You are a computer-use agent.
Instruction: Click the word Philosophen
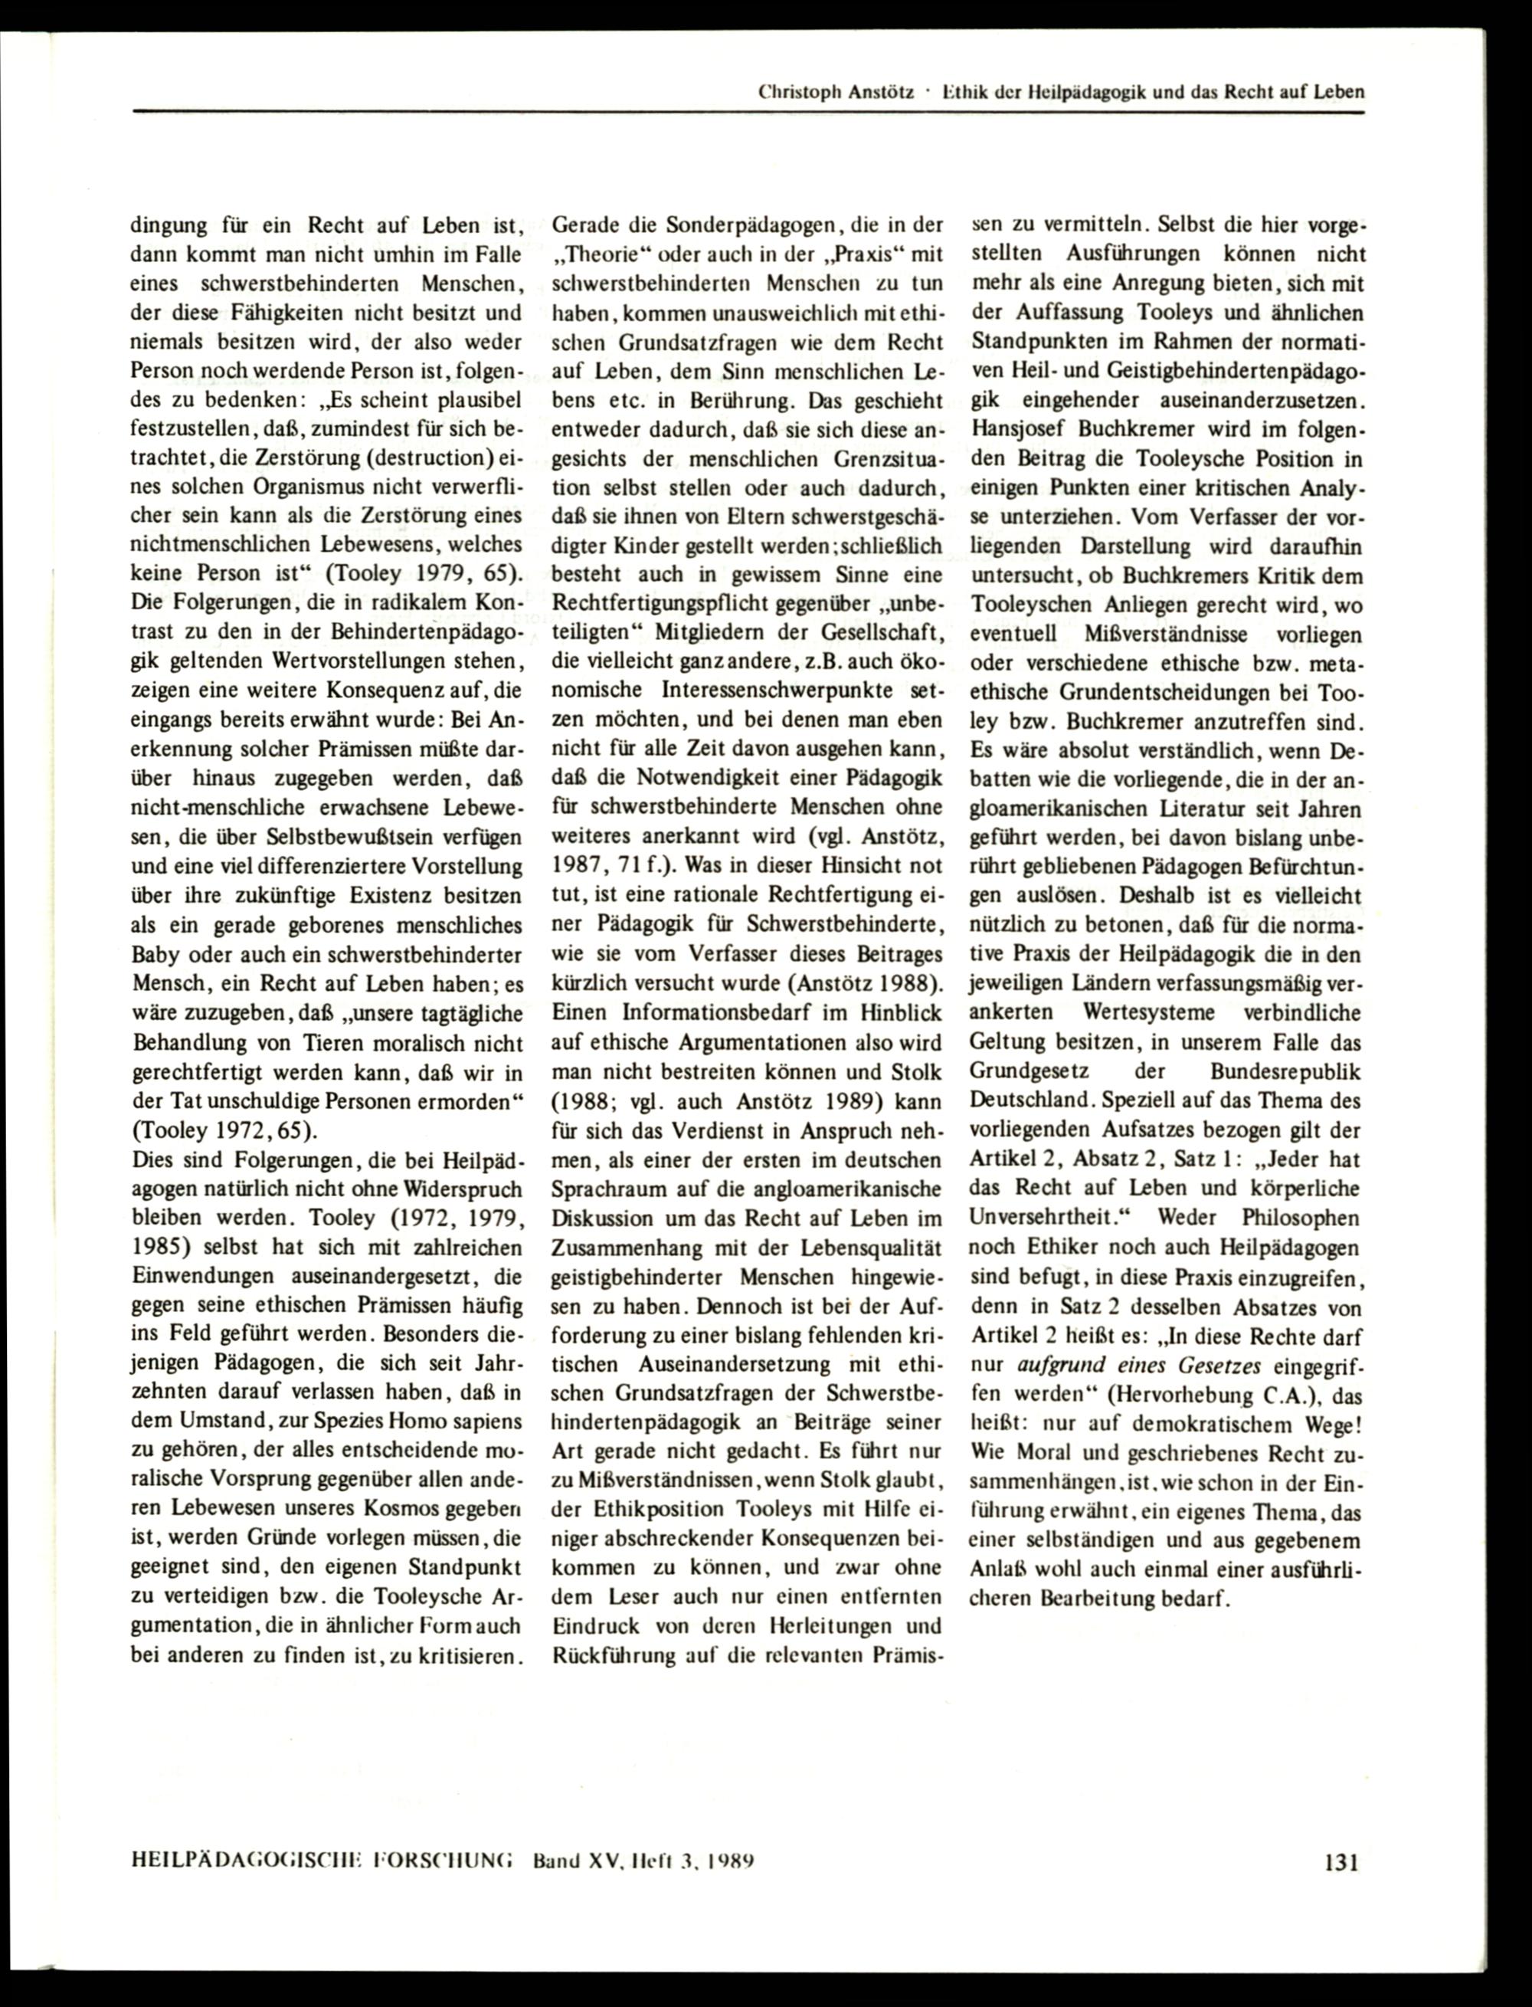tap(1299, 1218)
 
